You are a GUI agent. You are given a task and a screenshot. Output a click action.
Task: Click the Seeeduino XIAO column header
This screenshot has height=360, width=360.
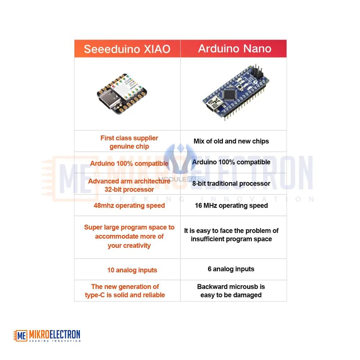tap(127, 49)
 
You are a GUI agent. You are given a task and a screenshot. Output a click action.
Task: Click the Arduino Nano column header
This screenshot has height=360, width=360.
tap(234, 49)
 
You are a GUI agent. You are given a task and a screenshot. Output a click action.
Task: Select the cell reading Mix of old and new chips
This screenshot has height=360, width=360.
tap(231, 141)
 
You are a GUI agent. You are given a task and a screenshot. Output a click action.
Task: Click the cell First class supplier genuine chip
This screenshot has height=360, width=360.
tap(129, 142)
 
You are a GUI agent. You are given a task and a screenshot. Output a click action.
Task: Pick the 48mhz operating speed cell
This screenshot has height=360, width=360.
tap(129, 206)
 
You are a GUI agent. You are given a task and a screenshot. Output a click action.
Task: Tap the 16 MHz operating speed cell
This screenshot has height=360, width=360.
tap(231, 206)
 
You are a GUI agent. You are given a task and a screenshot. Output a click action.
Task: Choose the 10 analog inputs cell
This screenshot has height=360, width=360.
tap(132, 270)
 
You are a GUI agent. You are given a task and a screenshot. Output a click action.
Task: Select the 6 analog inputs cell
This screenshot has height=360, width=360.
tap(231, 269)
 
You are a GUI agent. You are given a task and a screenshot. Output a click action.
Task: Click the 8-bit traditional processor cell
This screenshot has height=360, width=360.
tap(231, 184)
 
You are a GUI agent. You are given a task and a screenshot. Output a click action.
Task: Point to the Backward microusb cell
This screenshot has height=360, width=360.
tap(231, 291)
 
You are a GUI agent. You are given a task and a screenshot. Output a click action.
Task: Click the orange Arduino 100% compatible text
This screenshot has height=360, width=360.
tap(129, 163)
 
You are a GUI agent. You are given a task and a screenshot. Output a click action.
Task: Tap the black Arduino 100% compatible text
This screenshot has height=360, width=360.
tap(231, 162)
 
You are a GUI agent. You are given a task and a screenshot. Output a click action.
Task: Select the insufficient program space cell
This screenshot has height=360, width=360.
tap(231, 235)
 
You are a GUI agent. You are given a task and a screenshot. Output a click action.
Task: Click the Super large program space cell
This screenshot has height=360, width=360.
tap(129, 236)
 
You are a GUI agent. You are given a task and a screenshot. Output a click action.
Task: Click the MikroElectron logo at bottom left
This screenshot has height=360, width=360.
tap(47, 336)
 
